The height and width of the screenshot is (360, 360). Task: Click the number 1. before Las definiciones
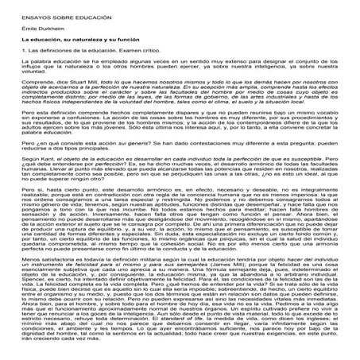[20, 49]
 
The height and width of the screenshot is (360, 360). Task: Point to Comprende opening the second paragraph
[36, 82]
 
